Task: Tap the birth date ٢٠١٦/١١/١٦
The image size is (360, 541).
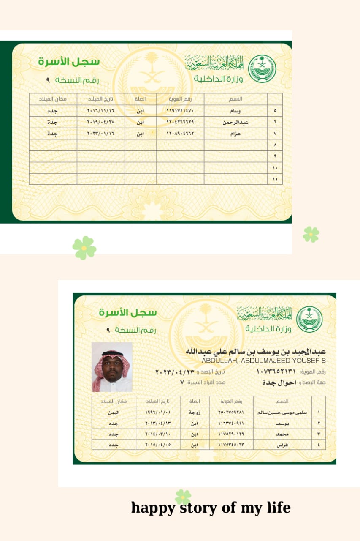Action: pyautogui.click(x=101, y=111)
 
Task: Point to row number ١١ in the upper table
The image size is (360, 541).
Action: pyautogui.click(x=275, y=179)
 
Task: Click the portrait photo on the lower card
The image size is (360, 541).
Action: pyautogui.click(x=112, y=367)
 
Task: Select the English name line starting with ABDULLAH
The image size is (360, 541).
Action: pyautogui.click(x=263, y=361)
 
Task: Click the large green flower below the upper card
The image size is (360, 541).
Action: pyautogui.click(x=84, y=248)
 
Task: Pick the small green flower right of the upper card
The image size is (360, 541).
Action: pyautogui.click(x=311, y=234)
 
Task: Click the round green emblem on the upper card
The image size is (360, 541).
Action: pyautogui.click(x=262, y=68)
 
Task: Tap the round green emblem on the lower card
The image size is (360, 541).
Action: pyautogui.click(x=309, y=319)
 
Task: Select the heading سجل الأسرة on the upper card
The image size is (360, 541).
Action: pyautogui.click(x=69, y=61)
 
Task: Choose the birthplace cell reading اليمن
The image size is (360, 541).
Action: pyautogui.click(x=114, y=412)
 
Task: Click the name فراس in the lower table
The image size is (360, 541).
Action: pyautogui.click(x=282, y=445)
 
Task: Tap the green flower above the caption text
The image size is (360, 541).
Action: pyautogui.click(x=183, y=497)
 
